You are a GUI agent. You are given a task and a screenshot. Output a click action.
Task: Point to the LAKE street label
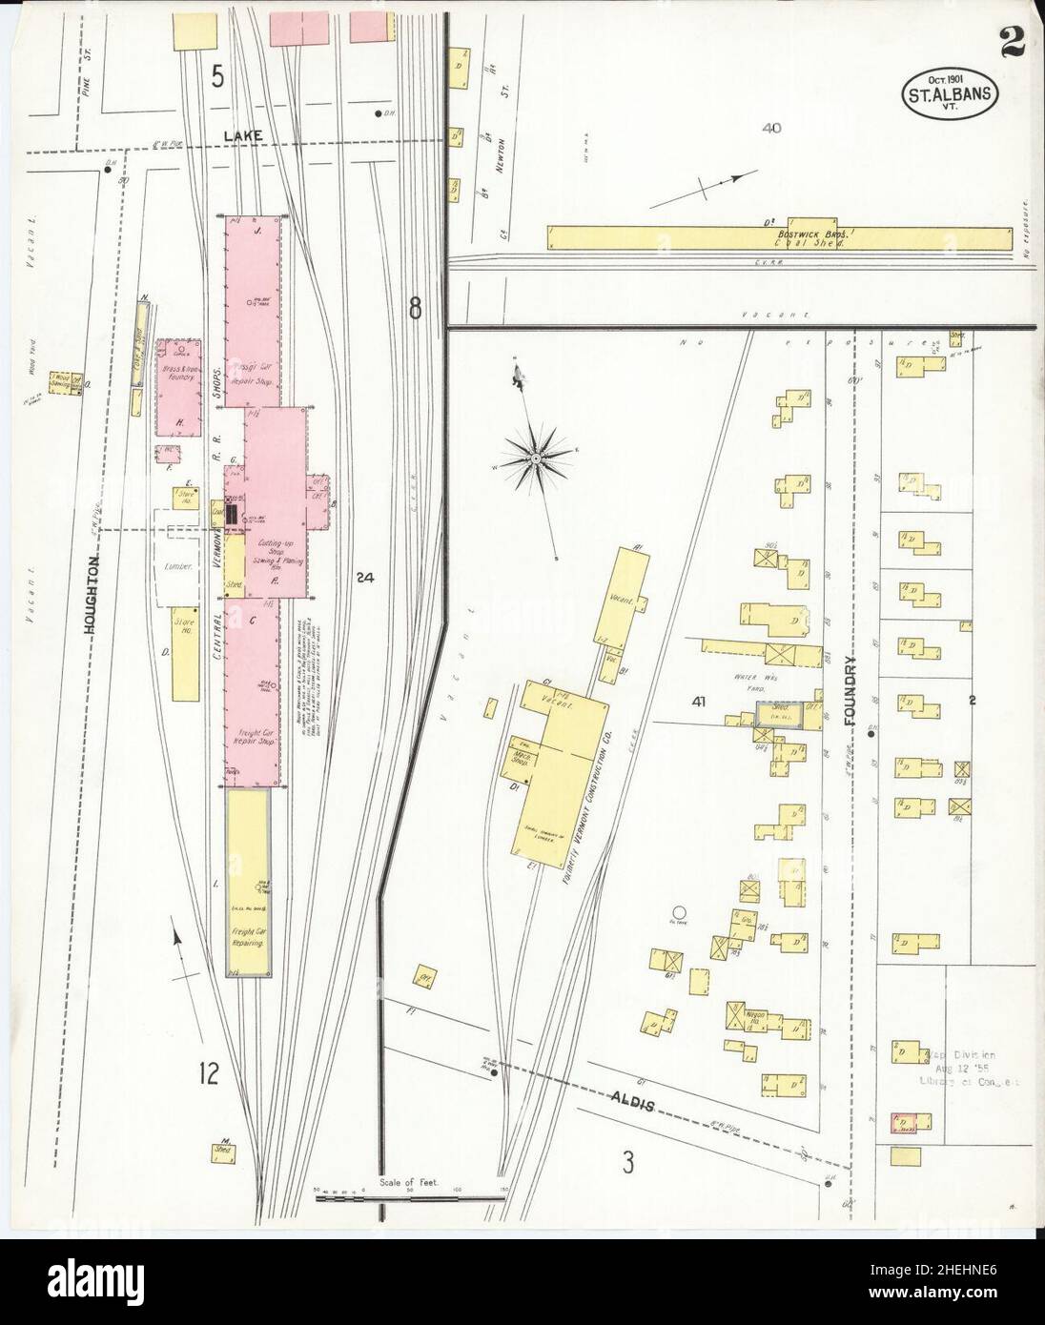[243, 137]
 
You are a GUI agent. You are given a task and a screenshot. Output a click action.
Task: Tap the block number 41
[700, 703]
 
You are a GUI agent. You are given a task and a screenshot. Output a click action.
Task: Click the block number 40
[772, 128]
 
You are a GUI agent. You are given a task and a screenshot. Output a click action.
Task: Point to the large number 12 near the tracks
[210, 1074]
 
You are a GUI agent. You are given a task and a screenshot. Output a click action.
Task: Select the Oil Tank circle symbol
[679, 911]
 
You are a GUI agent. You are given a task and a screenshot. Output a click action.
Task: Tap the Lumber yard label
[179, 566]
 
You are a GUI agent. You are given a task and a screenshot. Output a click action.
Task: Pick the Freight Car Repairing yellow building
[248, 882]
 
